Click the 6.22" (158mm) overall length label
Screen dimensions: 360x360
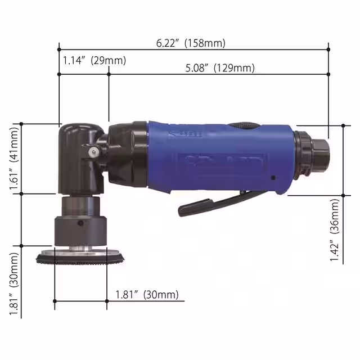[x=191, y=43]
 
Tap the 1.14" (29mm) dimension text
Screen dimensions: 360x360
[x=94, y=60]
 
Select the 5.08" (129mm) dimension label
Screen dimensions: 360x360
[x=220, y=68]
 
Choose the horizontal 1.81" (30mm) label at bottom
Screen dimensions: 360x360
[x=146, y=294]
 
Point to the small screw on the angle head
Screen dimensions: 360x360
[x=92, y=150]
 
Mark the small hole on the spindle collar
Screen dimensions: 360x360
[x=80, y=224]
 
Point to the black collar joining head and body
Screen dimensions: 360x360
[x=128, y=155]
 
